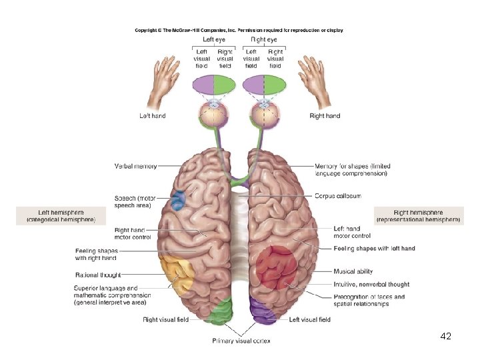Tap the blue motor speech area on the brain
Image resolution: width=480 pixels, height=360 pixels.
click(178, 201)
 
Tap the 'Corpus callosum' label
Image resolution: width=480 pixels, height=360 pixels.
click(337, 196)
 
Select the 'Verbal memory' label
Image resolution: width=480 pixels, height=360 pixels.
click(136, 166)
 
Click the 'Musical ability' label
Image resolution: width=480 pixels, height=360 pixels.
click(354, 272)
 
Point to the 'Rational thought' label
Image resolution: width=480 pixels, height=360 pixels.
click(99, 274)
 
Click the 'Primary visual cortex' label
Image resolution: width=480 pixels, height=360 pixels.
click(241, 341)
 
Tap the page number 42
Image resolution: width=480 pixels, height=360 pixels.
click(446, 337)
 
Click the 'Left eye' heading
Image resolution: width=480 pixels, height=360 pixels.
click(214, 40)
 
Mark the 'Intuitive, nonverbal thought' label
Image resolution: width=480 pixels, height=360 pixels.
click(371, 285)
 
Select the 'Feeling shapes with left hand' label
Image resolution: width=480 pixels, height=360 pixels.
click(374, 249)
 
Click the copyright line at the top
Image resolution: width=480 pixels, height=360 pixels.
click(239, 30)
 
